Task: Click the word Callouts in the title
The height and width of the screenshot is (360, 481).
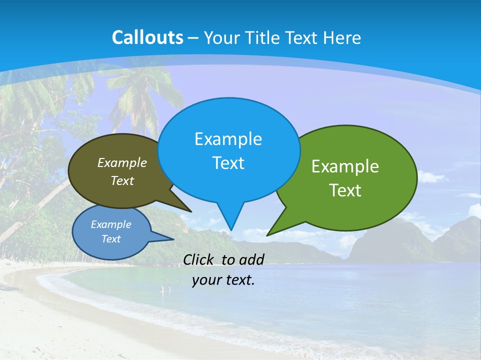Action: [147, 37]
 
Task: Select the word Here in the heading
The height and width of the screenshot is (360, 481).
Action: [342, 38]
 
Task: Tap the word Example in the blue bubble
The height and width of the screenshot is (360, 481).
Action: [228, 139]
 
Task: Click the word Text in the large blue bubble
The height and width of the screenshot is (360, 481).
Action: [228, 163]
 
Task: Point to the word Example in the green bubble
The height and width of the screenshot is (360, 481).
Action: [345, 166]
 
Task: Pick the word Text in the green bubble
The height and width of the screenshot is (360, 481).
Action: [345, 190]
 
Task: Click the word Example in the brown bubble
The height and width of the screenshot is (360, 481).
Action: [122, 163]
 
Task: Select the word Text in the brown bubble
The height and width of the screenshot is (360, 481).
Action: [122, 181]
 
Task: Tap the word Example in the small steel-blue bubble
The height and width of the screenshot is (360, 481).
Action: [111, 224]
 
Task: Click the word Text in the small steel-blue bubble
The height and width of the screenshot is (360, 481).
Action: [111, 239]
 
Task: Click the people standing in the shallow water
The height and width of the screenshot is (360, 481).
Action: [165, 288]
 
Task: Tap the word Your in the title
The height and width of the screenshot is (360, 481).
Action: [222, 38]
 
